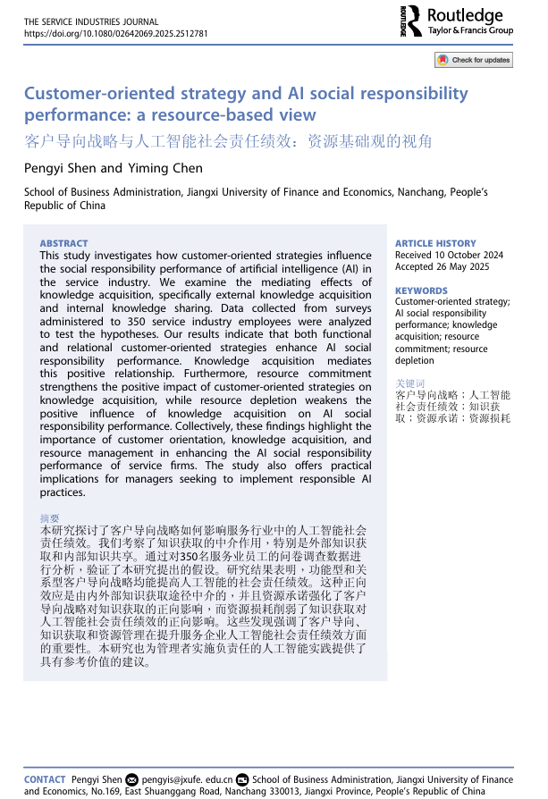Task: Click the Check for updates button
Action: [x=474, y=60]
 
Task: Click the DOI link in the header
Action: [x=115, y=33]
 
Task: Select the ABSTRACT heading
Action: [x=63, y=243]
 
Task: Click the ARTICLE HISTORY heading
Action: [x=436, y=243]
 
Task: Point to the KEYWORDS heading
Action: [x=421, y=290]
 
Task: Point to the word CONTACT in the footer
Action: [x=45, y=779]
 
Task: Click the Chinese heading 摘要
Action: [x=49, y=518]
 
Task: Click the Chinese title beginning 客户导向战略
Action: [x=228, y=141]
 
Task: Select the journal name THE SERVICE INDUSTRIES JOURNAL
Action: [x=90, y=21]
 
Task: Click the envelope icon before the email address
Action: [x=132, y=779]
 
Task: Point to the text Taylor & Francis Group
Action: [x=470, y=30]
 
